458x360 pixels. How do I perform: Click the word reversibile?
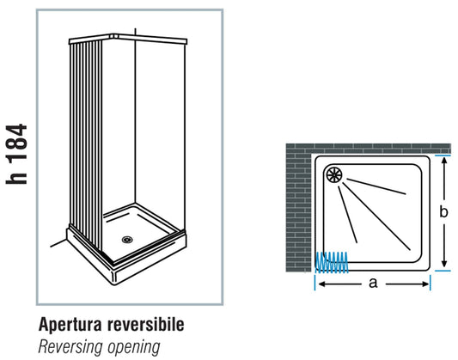[146, 326]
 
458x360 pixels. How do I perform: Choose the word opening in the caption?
[133, 347]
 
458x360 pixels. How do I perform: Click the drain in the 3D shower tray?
[127, 240]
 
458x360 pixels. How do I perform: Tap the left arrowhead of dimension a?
[319, 282]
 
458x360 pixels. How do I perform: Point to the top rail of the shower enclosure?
[129, 40]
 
